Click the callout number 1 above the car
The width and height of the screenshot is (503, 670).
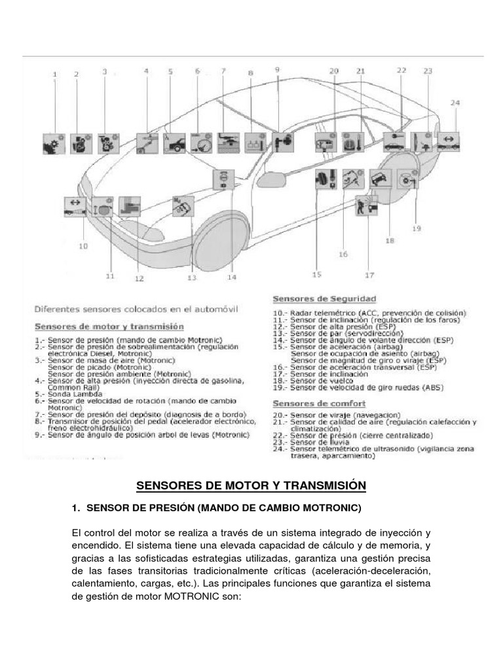[x=55, y=75]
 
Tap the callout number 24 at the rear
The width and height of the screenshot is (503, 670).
[x=455, y=103]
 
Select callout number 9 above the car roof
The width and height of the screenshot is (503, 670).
[x=276, y=69]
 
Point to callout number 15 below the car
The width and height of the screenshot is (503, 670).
[x=318, y=274]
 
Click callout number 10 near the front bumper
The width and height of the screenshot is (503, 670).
[x=83, y=246]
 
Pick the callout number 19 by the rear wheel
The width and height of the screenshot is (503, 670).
[x=417, y=228]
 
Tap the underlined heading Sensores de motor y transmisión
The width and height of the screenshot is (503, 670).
[x=109, y=326]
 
